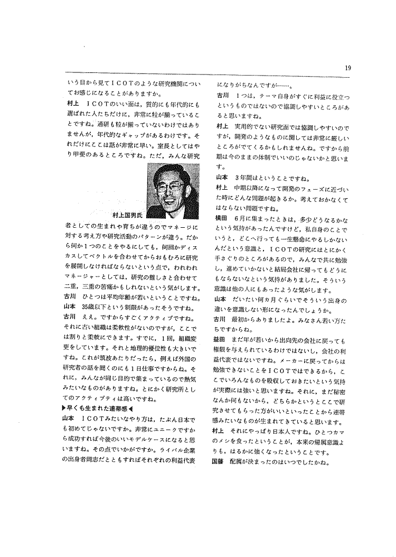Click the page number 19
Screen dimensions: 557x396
click(x=347, y=67)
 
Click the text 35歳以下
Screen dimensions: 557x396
click(x=96, y=307)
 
